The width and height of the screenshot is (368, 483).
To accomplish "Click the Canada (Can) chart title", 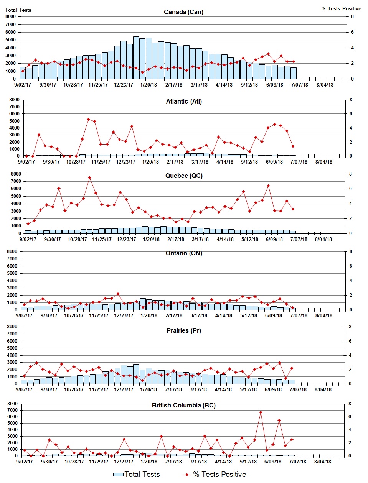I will pos(183,12).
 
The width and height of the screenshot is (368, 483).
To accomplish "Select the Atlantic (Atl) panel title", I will pos(184,101).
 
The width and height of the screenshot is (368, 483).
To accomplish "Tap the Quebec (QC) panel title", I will pos(184,176).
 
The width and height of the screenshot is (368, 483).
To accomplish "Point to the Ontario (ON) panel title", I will pos(184,253).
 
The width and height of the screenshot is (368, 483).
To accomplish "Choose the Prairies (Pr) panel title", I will pos(184,330).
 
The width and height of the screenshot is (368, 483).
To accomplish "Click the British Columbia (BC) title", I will pos(184,405).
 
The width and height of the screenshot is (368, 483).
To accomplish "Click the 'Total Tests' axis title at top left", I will pos(18,10).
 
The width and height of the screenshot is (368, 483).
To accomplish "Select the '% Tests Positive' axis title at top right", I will pos(341,8).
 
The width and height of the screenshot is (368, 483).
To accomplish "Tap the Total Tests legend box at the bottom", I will pos(118,475).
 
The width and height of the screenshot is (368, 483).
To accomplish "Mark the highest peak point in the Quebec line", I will pos(89,177).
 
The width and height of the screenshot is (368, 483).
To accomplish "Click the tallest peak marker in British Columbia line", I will pos(261,412).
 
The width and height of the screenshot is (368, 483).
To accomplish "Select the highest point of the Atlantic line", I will pos(88,119).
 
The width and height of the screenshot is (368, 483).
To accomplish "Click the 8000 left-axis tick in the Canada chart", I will pos(11,16).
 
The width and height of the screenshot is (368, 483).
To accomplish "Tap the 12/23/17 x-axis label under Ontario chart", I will pos(124,315).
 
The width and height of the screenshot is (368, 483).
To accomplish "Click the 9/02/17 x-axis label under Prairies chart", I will pos(24,389).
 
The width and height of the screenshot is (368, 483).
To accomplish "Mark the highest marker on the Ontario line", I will pos(118,294).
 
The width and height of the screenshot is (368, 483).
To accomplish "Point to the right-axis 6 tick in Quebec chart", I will pos(350,189).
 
